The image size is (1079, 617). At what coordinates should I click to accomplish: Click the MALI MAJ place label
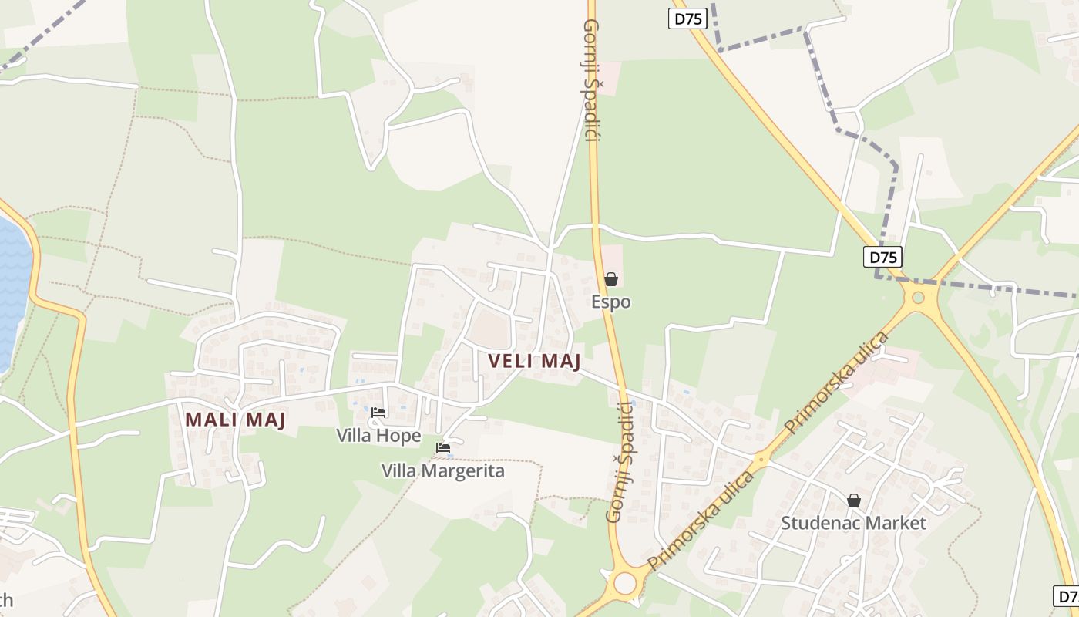[x=235, y=420]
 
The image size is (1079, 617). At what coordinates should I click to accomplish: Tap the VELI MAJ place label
[x=534, y=361]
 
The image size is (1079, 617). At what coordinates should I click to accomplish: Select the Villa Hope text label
[x=378, y=436]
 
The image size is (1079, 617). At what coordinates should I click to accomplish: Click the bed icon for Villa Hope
[x=378, y=413]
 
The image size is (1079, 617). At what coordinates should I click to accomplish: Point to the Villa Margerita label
[x=443, y=470]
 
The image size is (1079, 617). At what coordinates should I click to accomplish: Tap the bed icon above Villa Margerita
[x=443, y=447]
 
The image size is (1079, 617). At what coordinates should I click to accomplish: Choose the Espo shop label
[x=611, y=302]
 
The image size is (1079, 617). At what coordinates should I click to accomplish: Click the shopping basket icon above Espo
[x=611, y=279]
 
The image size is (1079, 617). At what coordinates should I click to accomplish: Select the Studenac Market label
[x=853, y=523]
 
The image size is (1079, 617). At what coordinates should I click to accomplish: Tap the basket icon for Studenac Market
[x=853, y=501]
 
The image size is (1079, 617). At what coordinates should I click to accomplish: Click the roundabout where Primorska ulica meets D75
[x=918, y=297]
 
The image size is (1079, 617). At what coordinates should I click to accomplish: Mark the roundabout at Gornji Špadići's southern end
[x=625, y=582]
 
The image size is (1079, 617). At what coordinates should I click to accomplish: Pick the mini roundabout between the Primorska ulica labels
[x=761, y=460]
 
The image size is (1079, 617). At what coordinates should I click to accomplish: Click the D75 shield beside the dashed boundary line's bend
[x=882, y=258]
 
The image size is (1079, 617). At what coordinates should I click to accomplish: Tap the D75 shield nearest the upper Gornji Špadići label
[x=687, y=19]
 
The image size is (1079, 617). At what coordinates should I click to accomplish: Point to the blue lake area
[x=12, y=293]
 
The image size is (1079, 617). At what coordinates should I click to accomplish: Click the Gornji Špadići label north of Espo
[x=592, y=81]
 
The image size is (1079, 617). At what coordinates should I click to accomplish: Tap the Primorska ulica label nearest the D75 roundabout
[x=836, y=382]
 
